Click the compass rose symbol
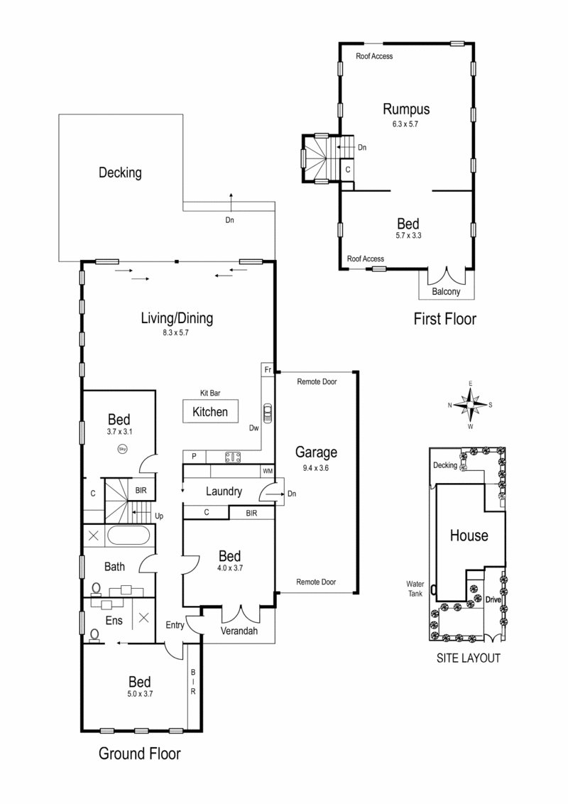(x=470, y=405)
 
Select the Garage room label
(x=316, y=452)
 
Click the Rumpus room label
(x=406, y=109)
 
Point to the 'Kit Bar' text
(x=210, y=392)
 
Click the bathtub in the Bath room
(x=129, y=536)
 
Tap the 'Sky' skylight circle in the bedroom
(x=121, y=448)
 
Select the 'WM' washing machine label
(x=268, y=471)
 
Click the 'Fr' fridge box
(x=268, y=371)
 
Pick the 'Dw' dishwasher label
(x=253, y=428)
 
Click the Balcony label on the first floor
(x=446, y=292)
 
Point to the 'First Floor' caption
(x=444, y=320)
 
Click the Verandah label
(x=239, y=631)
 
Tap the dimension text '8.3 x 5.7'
(x=176, y=332)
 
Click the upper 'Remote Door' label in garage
(x=316, y=381)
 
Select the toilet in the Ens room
(x=94, y=634)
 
